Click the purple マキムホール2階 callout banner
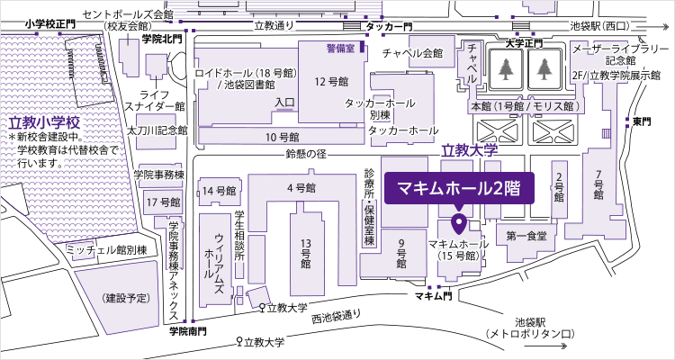[x=460, y=189]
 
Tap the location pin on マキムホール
[x=457, y=221]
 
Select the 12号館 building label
[x=330, y=81]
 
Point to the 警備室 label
[x=340, y=46]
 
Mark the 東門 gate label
[x=641, y=121]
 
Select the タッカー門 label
[x=388, y=28]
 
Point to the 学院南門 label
[x=187, y=331]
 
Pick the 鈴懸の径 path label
[x=304, y=153]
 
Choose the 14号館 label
[x=219, y=191]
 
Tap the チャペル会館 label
[x=413, y=52]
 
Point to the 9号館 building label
[x=400, y=254]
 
